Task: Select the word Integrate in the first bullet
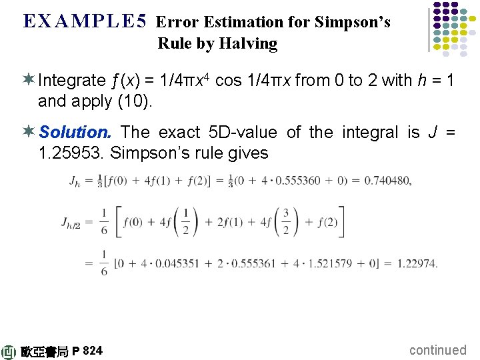coord(72,81)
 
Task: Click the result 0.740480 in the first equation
coord(384,181)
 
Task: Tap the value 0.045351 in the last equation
coord(174,263)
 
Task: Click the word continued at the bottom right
coord(437,350)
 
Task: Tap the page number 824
coord(93,351)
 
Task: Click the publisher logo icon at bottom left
coord(9,351)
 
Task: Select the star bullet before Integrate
coord(29,81)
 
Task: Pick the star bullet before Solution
coord(29,132)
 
